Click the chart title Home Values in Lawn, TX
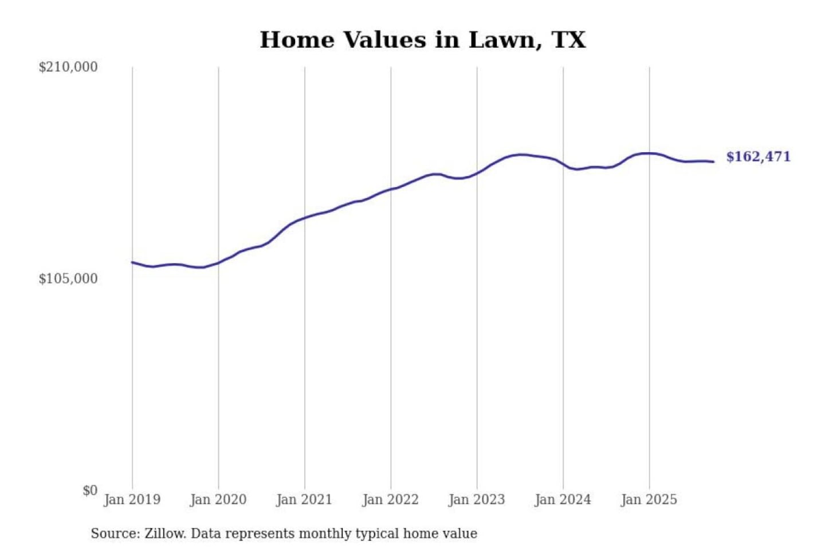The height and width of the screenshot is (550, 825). tap(423, 40)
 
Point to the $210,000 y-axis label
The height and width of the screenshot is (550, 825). tap(68, 67)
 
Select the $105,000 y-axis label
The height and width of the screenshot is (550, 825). tap(68, 279)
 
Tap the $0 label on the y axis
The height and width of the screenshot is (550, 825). tap(90, 490)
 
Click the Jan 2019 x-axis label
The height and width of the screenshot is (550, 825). tap(132, 500)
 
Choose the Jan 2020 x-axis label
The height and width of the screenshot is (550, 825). tap(218, 500)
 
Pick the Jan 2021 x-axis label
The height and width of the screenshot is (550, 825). tap(304, 500)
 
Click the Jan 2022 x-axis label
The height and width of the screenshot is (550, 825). tap(391, 500)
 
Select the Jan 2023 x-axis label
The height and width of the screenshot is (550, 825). tap(477, 500)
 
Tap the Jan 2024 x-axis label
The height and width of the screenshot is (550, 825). tap(563, 500)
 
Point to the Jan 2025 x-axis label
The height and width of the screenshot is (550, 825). tap(649, 500)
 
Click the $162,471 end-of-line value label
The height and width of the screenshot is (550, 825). tap(758, 157)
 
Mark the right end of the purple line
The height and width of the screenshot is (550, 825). tap(713, 162)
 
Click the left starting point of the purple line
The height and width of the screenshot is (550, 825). tap(132, 262)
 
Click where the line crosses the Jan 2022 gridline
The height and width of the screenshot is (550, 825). tap(391, 189)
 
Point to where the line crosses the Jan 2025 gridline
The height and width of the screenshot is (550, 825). tap(649, 153)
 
